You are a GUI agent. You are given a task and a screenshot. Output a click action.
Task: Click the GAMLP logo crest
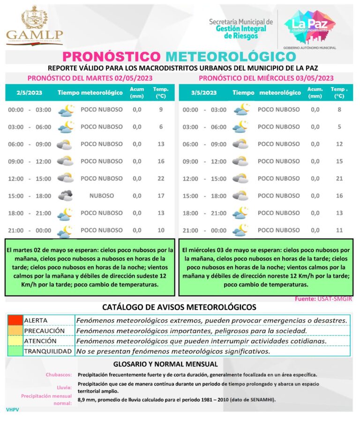click(x=34, y=18)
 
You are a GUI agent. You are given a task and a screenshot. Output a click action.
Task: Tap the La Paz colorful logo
click(x=309, y=24)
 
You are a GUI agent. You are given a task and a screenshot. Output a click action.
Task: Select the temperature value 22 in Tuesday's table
click(x=161, y=179)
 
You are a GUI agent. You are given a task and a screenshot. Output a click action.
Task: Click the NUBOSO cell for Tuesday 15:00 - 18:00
click(x=102, y=196)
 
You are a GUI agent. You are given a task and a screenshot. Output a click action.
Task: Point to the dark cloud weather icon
click(x=65, y=196)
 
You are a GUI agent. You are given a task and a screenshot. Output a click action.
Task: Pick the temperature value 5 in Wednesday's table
click(x=339, y=127)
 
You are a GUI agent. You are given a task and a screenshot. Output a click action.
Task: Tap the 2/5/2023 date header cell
click(x=29, y=93)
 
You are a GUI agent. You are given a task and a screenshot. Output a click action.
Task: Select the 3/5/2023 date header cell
click(x=204, y=93)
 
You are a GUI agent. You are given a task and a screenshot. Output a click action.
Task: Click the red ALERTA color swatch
click(x=15, y=320)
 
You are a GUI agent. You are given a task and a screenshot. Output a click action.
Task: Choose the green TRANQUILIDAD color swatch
click(x=15, y=351)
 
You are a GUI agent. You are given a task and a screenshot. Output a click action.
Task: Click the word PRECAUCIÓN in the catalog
click(x=44, y=331)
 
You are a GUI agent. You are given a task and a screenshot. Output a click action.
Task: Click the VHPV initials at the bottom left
click(x=13, y=409)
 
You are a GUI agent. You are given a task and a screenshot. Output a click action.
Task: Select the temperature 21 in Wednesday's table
click(x=339, y=179)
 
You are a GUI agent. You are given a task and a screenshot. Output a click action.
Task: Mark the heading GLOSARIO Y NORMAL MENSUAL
click(x=165, y=364)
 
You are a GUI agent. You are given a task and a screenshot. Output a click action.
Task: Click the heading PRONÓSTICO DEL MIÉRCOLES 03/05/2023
click(x=266, y=78)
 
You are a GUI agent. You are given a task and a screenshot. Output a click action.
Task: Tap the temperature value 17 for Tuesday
click(x=161, y=196)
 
